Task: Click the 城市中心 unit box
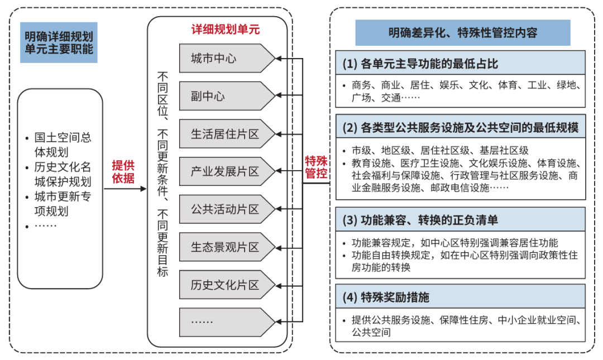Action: [227, 59]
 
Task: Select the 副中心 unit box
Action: [227, 96]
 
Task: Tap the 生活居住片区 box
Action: [227, 134]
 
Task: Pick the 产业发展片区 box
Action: [227, 171]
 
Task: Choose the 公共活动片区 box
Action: [227, 209]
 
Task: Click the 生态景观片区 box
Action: [227, 247]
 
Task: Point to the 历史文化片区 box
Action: [227, 285]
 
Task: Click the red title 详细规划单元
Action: [226, 29]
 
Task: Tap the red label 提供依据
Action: [123, 171]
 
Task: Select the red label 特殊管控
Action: [316, 167]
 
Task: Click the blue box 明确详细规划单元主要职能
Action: [59, 42]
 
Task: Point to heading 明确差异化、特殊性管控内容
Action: [463, 33]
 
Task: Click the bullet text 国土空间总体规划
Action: [63, 145]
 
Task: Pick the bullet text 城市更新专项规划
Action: [63, 204]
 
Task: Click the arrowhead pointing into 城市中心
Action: [279, 59]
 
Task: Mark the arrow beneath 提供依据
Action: [126, 189]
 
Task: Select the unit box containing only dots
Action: [227, 322]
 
